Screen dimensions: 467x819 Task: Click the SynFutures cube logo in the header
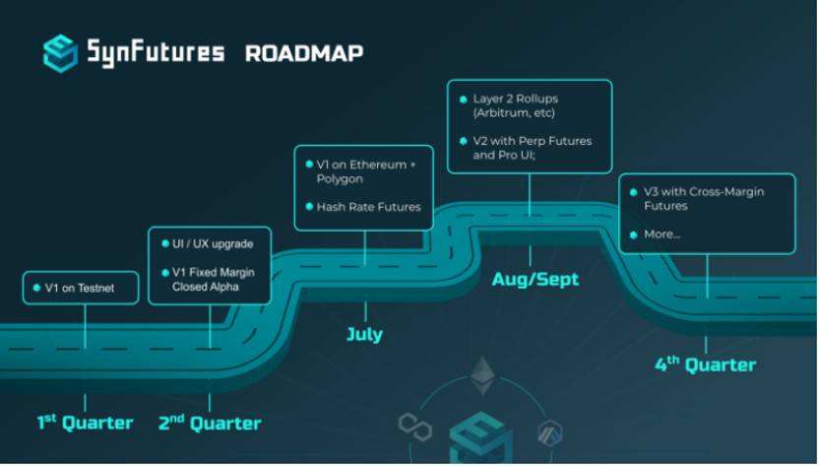(x=60, y=52)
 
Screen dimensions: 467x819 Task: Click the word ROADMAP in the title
(x=304, y=52)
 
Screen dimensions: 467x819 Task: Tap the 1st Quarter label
(x=86, y=423)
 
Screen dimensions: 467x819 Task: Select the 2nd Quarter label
(x=210, y=424)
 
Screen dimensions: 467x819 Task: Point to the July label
(x=364, y=334)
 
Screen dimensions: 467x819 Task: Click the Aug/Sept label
(x=535, y=280)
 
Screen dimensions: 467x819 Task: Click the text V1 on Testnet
(x=80, y=288)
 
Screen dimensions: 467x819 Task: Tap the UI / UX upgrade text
(x=213, y=243)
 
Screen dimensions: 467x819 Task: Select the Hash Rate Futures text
(x=368, y=207)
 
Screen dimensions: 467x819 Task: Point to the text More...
(x=661, y=234)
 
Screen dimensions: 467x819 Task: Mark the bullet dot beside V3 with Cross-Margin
(x=634, y=192)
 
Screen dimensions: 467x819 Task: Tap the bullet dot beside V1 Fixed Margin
(x=164, y=272)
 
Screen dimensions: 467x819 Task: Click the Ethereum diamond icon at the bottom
(x=481, y=375)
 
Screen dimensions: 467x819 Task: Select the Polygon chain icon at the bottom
(x=414, y=426)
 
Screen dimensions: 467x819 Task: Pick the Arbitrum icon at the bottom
(x=549, y=431)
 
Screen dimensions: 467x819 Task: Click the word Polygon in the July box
(x=340, y=179)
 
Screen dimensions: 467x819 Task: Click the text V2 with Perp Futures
(x=533, y=141)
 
